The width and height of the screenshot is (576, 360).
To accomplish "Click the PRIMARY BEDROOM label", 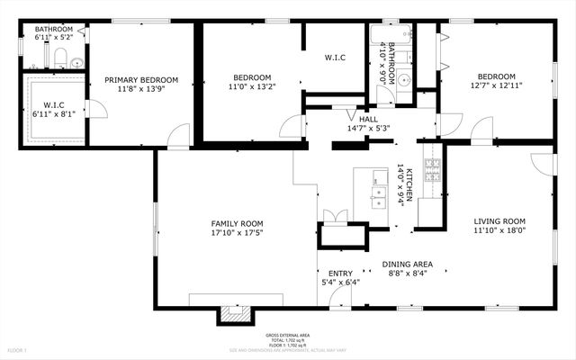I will [x=141, y=80].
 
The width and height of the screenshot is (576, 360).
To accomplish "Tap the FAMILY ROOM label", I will [x=237, y=223].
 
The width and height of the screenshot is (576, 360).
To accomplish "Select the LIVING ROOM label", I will [x=499, y=220].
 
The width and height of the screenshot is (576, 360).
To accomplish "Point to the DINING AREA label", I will [x=408, y=264].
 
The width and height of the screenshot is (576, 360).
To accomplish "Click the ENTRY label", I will [x=340, y=274].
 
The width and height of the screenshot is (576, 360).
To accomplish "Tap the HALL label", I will [x=369, y=119].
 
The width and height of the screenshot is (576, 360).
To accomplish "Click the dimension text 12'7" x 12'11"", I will [x=496, y=86].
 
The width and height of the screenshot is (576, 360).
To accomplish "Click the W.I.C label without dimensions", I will [x=336, y=58].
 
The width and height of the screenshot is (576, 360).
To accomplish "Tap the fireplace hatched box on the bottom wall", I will [x=233, y=315].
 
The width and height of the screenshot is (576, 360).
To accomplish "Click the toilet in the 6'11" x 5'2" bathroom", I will [x=60, y=60].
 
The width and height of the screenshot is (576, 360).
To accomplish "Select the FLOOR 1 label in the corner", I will [x=18, y=349].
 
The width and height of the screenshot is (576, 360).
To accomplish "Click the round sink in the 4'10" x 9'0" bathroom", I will [x=404, y=81].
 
